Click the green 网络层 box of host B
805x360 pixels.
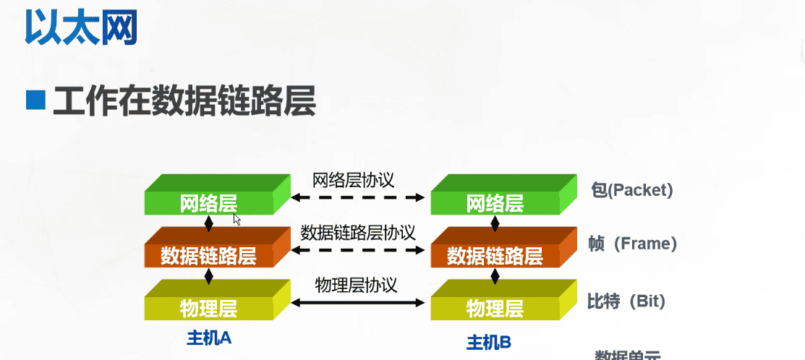[x=495, y=202]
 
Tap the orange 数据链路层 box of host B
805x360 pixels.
[x=495, y=254]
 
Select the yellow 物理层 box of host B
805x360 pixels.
[x=495, y=308]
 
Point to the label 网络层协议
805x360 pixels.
[x=354, y=179]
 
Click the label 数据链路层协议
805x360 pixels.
[x=358, y=233]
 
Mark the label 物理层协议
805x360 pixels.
[x=357, y=285]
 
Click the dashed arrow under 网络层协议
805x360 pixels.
[x=357, y=197]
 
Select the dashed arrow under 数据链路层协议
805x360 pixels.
[x=357, y=250]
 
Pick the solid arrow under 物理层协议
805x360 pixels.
[x=357, y=303]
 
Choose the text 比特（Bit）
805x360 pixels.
[x=626, y=301]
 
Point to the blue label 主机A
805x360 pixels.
[x=209, y=338]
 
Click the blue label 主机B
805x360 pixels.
[x=489, y=342]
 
